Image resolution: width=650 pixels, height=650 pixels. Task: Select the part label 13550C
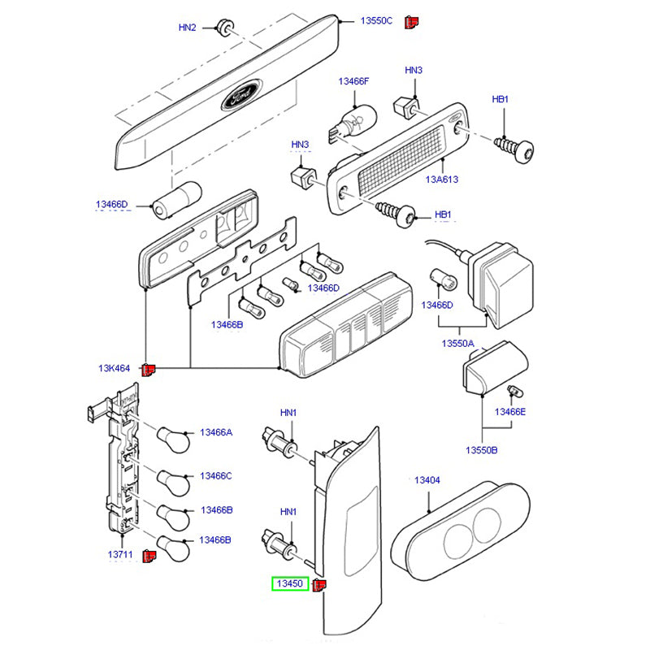pyautogui.click(x=377, y=21)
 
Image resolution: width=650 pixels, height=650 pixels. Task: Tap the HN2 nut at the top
pyautogui.click(x=225, y=28)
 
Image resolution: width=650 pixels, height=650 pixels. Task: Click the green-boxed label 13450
pyautogui.click(x=290, y=583)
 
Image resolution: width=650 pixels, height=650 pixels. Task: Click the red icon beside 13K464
pyautogui.click(x=148, y=370)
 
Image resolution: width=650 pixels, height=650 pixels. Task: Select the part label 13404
pyautogui.click(x=427, y=481)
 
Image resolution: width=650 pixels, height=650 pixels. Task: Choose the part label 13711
pyautogui.click(x=119, y=554)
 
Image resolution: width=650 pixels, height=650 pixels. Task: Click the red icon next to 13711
pyautogui.click(x=149, y=556)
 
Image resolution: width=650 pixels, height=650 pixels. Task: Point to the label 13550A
pyautogui.click(x=458, y=344)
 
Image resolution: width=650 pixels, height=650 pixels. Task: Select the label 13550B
pyautogui.click(x=482, y=450)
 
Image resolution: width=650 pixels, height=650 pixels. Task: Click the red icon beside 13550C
pyautogui.click(x=411, y=22)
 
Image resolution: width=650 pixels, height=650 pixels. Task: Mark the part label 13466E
pyautogui.click(x=512, y=412)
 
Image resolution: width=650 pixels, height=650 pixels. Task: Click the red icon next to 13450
pyautogui.click(x=320, y=583)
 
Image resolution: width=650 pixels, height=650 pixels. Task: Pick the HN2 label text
pyautogui.click(x=187, y=28)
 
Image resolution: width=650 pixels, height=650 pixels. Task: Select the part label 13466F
pyautogui.click(x=353, y=81)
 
